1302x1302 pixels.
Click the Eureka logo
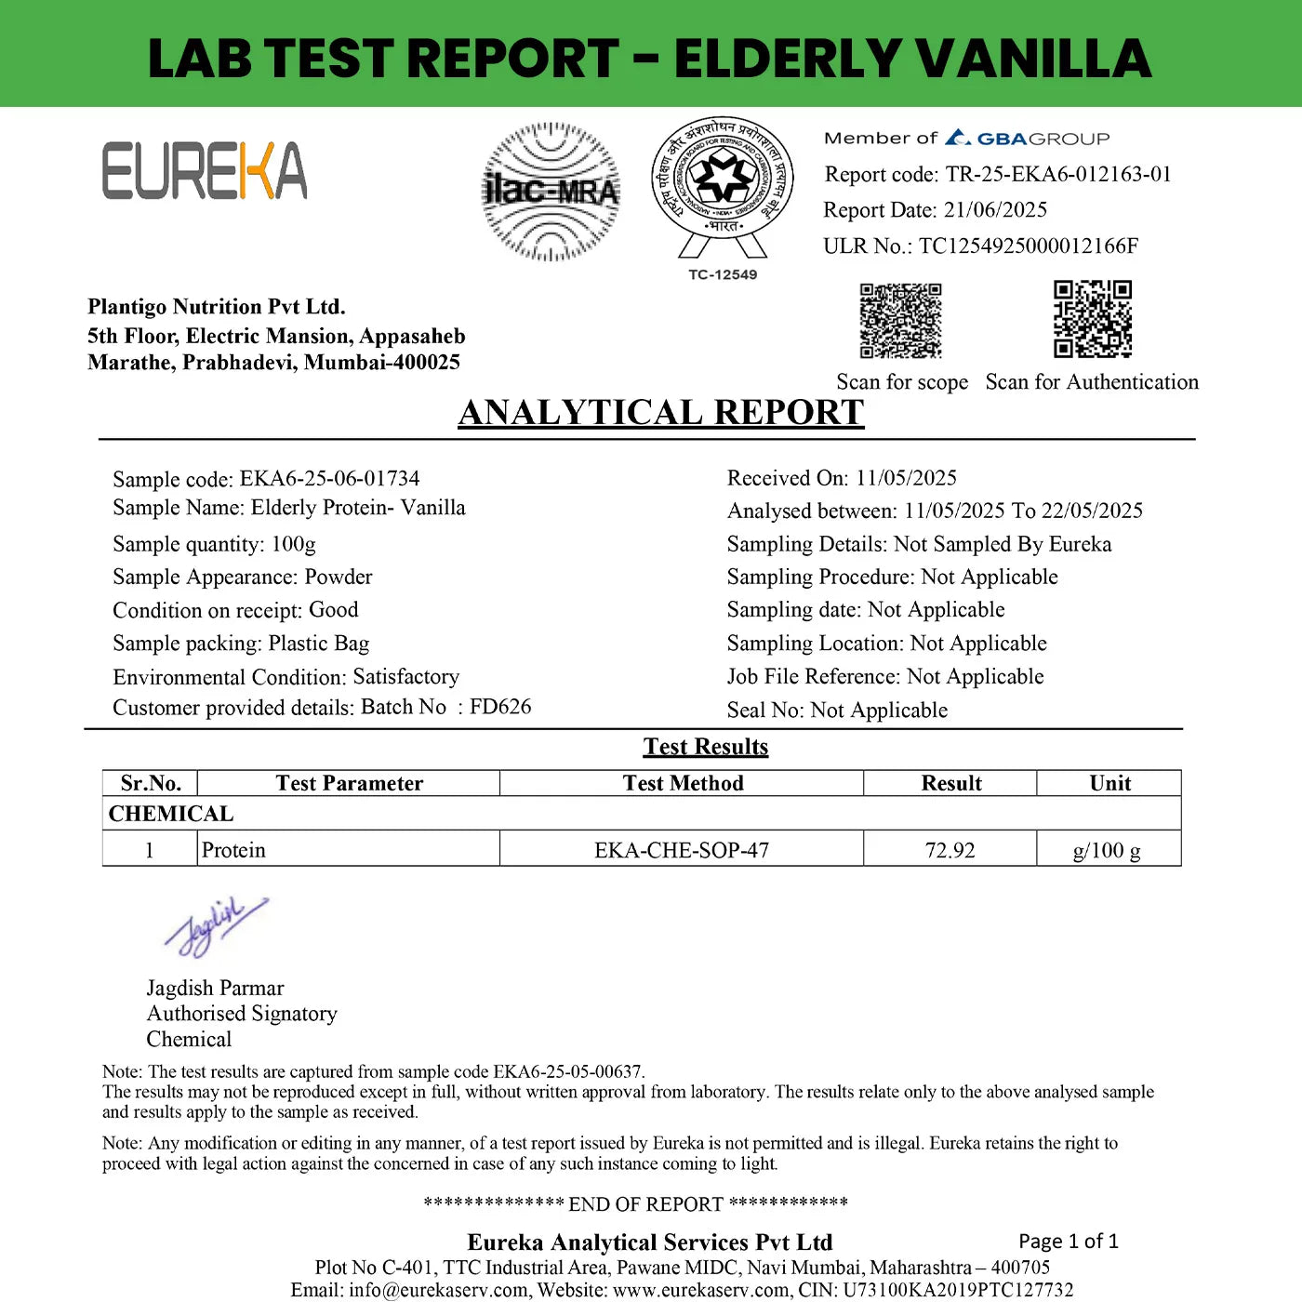click(x=205, y=171)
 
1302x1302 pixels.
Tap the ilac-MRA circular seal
click(x=551, y=192)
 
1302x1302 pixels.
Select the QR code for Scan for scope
click(x=900, y=321)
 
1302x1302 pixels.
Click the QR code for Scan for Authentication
click(x=1093, y=319)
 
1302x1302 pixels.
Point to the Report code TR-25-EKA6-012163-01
click(x=1058, y=174)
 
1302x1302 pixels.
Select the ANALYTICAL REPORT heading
click(x=661, y=412)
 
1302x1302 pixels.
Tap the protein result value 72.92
click(x=950, y=850)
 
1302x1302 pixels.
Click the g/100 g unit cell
click(x=1107, y=850)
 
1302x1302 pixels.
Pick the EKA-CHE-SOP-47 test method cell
click(x=682, y=850)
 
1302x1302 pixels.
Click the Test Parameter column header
click(x=349, y=783)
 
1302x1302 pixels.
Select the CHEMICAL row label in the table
click(x=171, y=814)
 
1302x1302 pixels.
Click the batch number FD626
click(x=500, y=707)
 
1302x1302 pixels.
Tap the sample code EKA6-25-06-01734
click(x=330, y=478)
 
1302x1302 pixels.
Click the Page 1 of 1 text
click(x=1069, y=1241)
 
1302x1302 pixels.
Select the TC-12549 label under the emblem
click(x=723, y=274)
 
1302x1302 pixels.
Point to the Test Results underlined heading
click(x=706, y=747)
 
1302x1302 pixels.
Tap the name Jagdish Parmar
click(x=215, y=988)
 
